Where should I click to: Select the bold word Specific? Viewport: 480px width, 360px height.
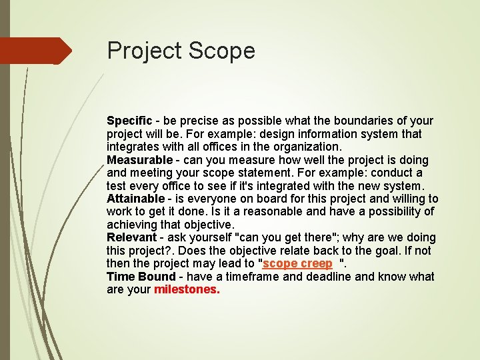pos(129,121)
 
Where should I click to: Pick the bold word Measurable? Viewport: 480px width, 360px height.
pos(139,160)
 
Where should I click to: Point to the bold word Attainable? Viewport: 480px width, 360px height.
pos(135,199)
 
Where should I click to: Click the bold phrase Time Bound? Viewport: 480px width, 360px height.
pos(141,277)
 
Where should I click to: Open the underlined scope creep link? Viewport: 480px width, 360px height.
pos(297,264)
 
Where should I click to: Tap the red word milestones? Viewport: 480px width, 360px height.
pos(187,290)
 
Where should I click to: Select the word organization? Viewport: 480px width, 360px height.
pos(307,147)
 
